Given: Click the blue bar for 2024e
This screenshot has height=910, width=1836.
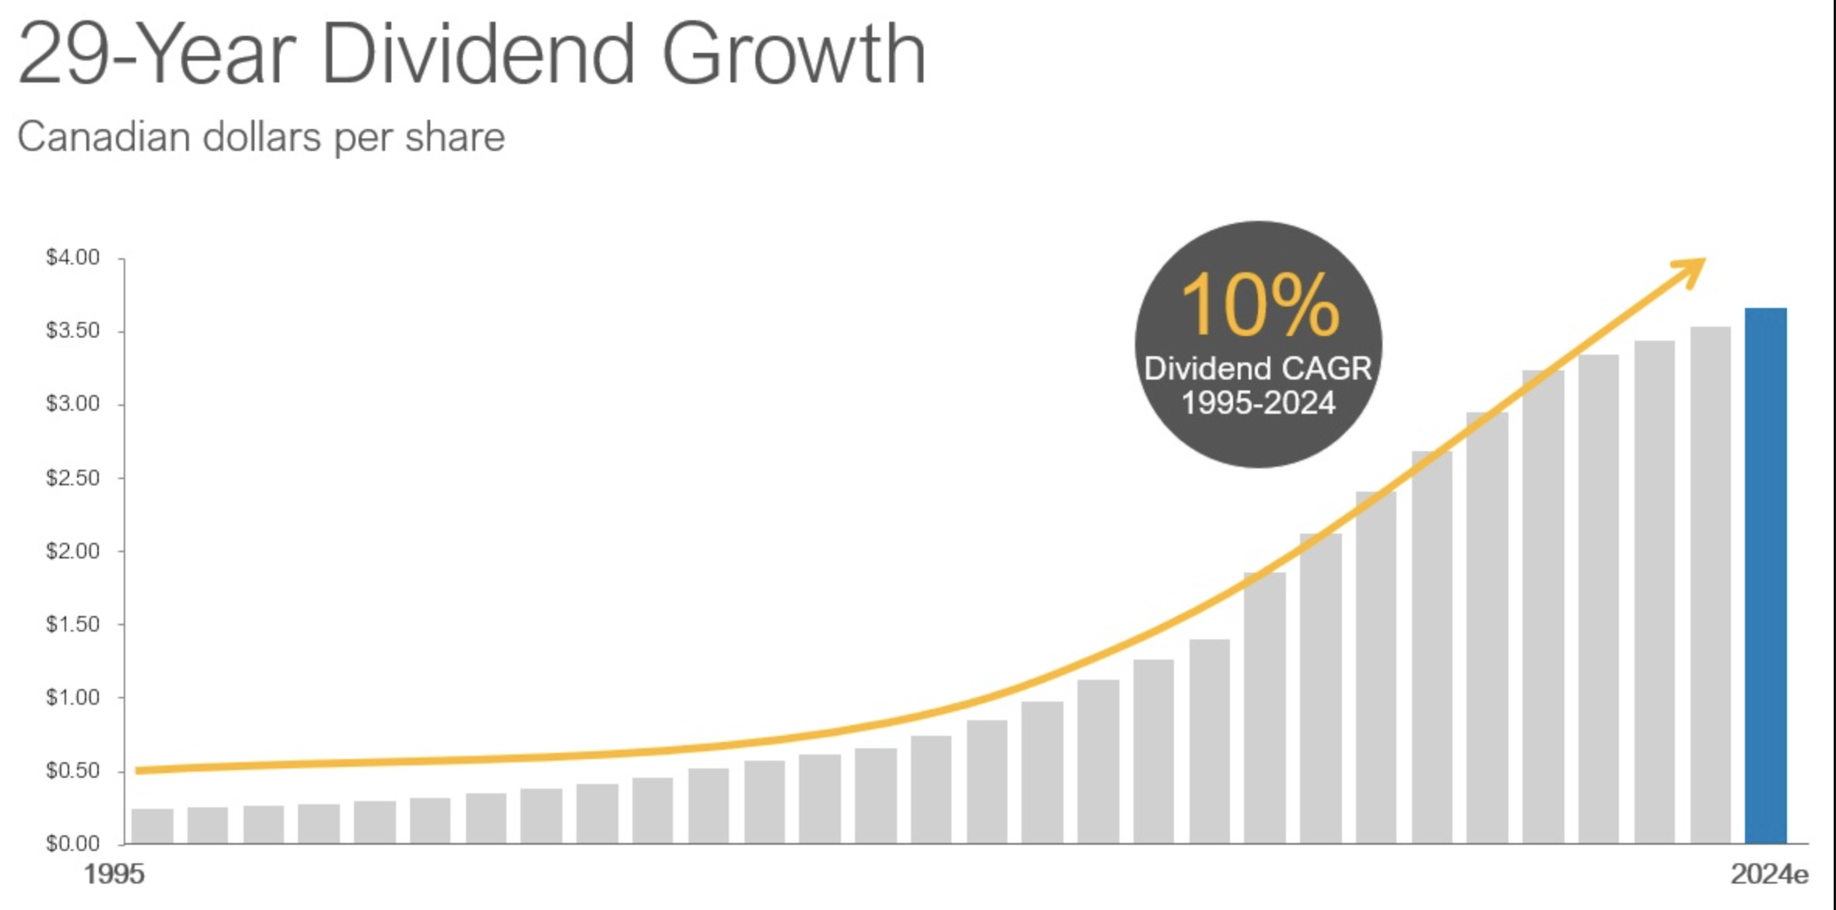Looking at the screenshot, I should pos(1765,576).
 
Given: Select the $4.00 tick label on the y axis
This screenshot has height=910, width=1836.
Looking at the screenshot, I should pos(73,257).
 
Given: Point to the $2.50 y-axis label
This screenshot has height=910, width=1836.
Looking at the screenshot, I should pos(73,478).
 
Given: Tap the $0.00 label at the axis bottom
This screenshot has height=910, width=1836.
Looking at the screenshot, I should pos(73,843).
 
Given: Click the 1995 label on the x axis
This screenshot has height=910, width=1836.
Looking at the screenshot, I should pos(114,874).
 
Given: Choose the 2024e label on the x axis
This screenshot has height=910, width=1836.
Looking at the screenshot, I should pos(1768,874).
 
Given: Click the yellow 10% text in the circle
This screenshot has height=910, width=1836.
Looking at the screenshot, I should pos(1260,306).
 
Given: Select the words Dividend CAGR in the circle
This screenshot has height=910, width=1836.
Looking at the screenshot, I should pos(1258,369).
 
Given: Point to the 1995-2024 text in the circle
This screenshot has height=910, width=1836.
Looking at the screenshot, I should pos(1258,403).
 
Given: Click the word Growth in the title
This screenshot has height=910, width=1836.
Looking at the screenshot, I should pos(794,54).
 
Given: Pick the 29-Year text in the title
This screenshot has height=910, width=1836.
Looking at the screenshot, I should pos(156,54).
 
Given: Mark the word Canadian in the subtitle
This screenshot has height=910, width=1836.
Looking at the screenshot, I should pos(103,138).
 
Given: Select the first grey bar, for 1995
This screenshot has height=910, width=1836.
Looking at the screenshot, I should pos(152,826).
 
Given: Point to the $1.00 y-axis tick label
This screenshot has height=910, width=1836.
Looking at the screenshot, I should pos(73,698).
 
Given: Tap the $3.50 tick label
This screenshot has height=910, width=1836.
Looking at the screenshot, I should pos(73,331).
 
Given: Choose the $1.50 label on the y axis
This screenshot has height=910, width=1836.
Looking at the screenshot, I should pos(73,625).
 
